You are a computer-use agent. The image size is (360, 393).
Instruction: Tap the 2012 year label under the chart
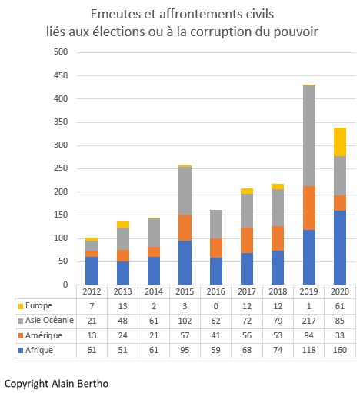click(x=92, y=291)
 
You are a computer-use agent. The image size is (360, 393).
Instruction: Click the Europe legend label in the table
click(x=39, y=306)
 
